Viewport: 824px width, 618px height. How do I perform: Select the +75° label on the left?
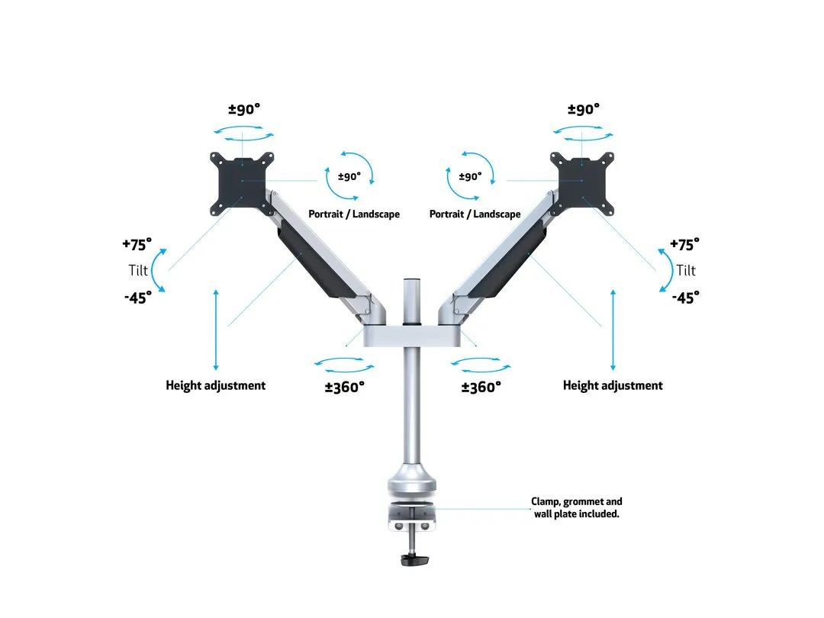tap(137, 245)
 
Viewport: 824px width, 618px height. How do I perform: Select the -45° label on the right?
tap(686, 298)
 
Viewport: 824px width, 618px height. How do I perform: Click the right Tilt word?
tap(686, 271)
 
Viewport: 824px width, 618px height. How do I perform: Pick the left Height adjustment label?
tap(216, 385)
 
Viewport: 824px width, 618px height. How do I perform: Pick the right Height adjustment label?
tap(613, 385)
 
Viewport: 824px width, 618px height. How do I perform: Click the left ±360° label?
tap(345, 387)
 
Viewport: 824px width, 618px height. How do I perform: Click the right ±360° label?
tap(481, 387)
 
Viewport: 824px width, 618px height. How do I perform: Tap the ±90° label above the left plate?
tap(244, 109)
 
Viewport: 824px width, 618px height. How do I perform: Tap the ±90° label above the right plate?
tap(584, 109)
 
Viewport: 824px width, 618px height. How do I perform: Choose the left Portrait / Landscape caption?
tap(354, 214)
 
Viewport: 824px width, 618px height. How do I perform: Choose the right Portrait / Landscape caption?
tap(475, 214)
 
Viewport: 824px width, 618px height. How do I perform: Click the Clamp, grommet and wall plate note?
tap(577, 507)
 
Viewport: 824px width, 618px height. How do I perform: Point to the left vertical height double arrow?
tap(217, 330)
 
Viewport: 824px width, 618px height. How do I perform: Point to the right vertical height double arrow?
tap(613, 330)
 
